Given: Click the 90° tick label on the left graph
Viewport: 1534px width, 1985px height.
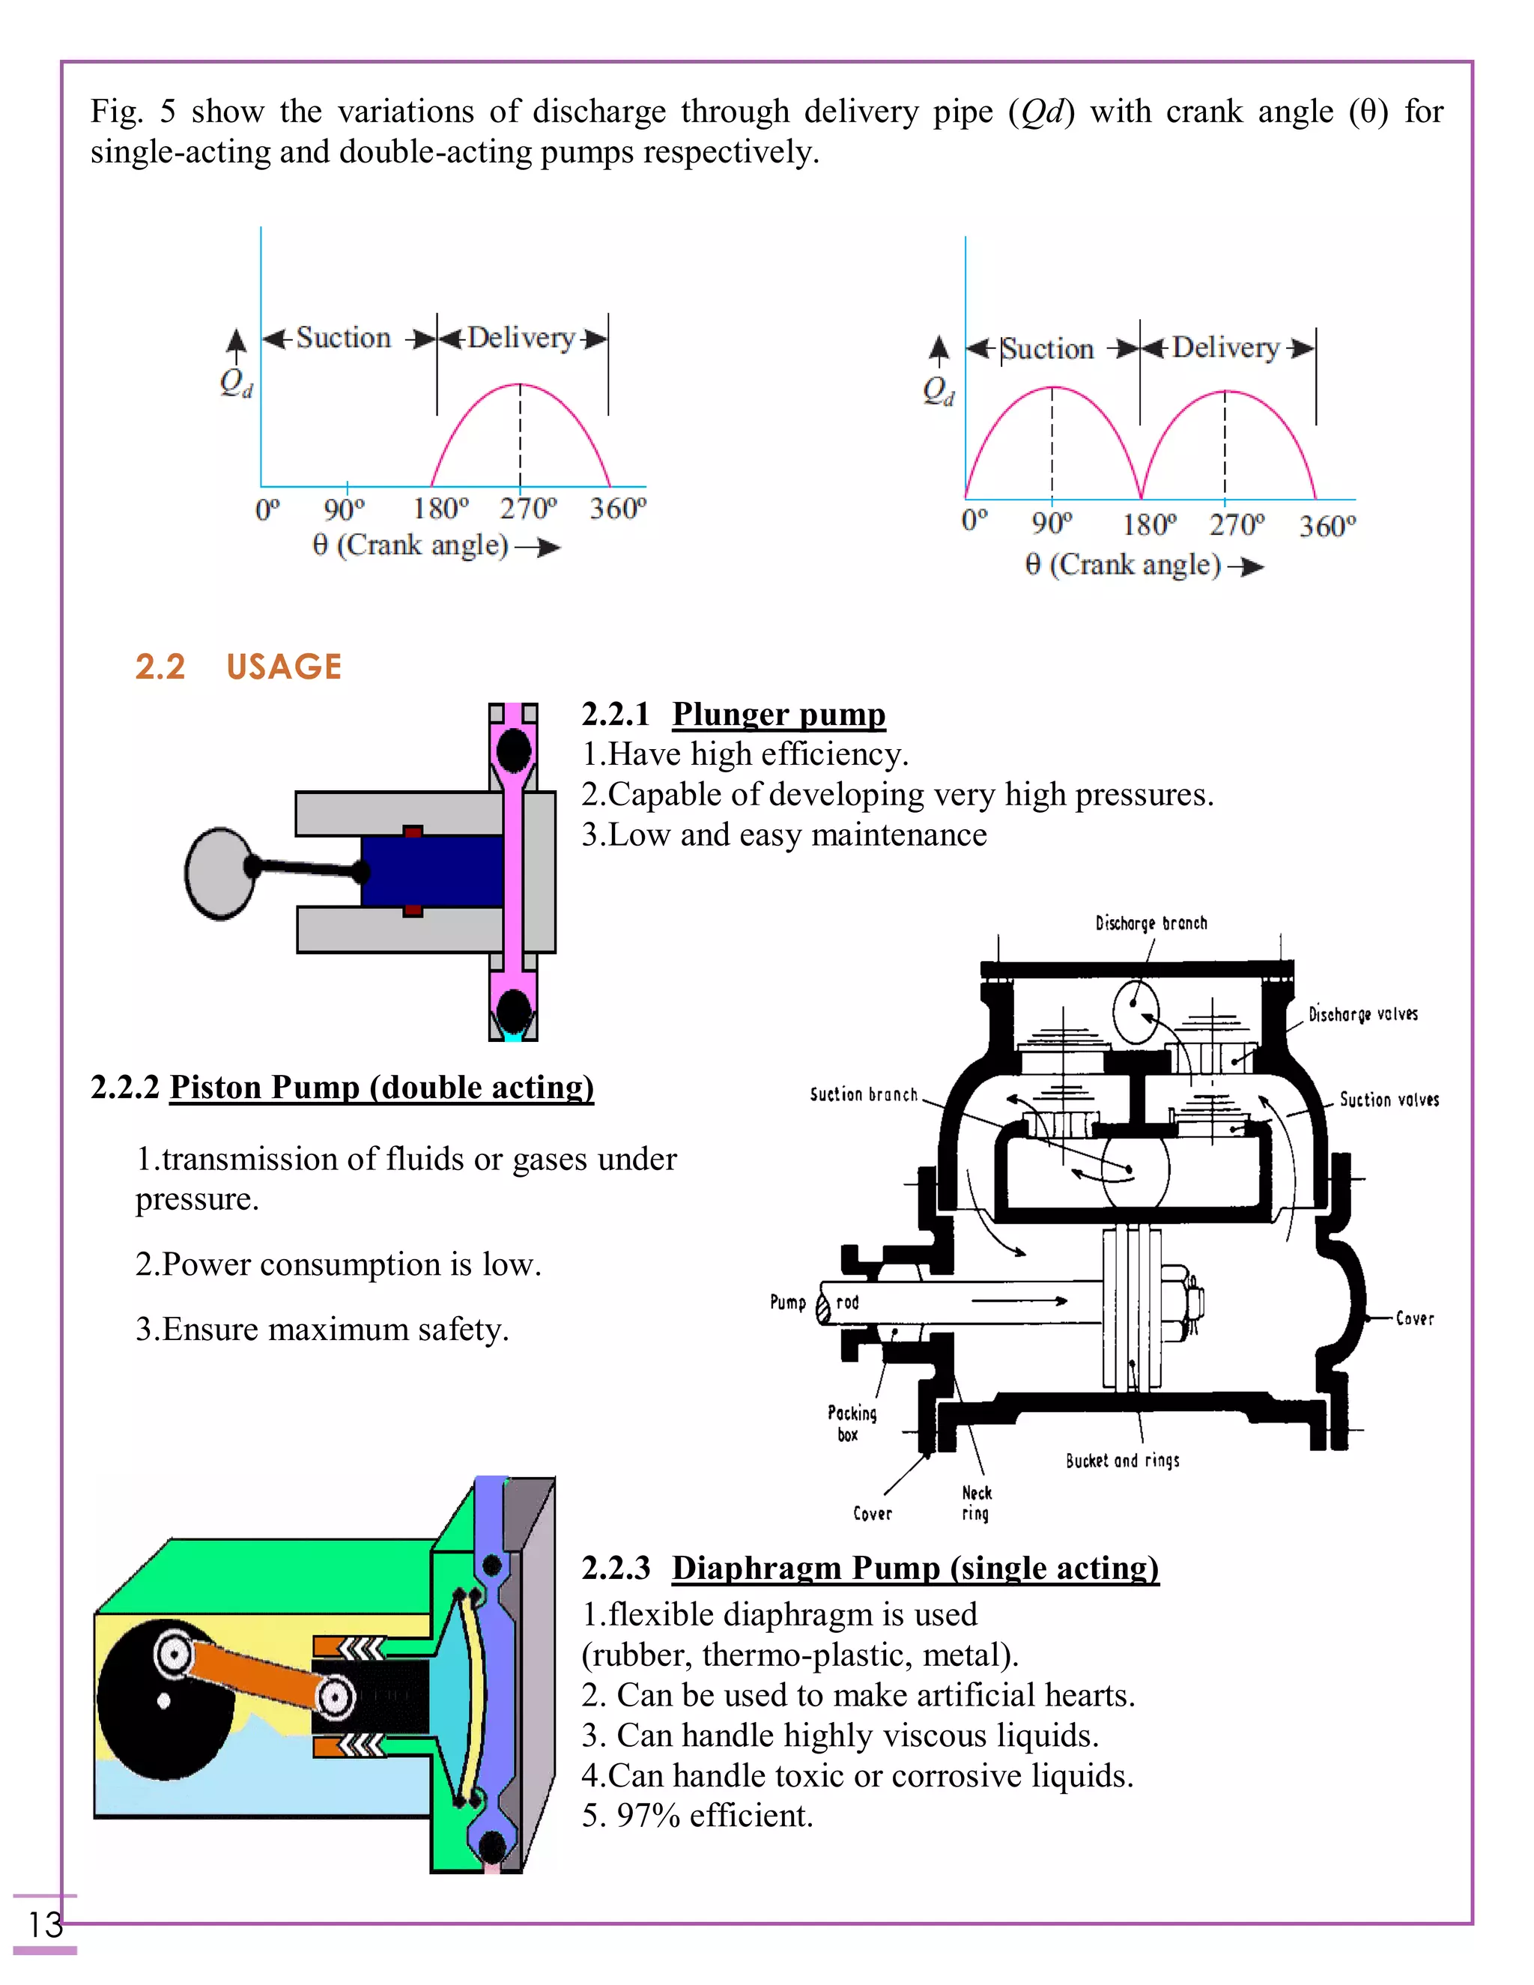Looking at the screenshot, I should (x=344, y=509).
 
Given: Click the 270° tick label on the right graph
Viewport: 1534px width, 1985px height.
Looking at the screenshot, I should (x=1236, y=525).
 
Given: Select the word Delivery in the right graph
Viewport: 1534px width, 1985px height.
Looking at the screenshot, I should (x=1225, y=348).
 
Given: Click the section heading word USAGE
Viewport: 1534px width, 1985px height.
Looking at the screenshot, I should (x=284, y=667).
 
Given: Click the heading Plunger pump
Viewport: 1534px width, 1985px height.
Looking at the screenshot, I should (x=778, y=715).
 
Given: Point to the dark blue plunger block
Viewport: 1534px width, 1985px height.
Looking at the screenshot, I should (x=431, y=870).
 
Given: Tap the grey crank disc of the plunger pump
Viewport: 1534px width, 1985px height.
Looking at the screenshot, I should (x=218, y=873).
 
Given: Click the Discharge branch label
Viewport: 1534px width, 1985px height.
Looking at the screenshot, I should (x=1150, y=924).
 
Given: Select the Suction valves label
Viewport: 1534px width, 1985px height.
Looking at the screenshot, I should (x=1389, y=1100).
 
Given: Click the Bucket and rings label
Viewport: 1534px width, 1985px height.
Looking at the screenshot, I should (x=1122, y=1461).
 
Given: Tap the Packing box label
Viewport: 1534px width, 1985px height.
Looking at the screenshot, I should (x=852, y=1423).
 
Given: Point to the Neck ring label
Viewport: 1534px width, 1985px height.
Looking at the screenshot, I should (x=976, y=1503).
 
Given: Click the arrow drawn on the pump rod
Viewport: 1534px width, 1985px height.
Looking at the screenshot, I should (x=1018, y=1300).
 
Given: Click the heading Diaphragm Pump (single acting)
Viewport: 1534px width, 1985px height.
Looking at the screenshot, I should (x=915, y=1568).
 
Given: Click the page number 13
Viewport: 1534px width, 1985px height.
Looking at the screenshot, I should (x=44, y=1924).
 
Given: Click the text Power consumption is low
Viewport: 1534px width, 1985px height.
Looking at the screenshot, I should (x=338, y=1264).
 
